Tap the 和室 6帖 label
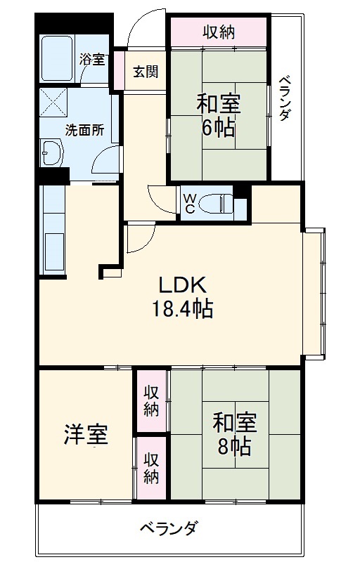(x=218, y=115)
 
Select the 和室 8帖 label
(x=235, y=435)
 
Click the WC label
(x=190, y=203)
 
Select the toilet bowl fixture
(x=216, y=204)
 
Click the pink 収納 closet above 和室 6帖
(x=219, y=32)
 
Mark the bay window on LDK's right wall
(x=315, y=291)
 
